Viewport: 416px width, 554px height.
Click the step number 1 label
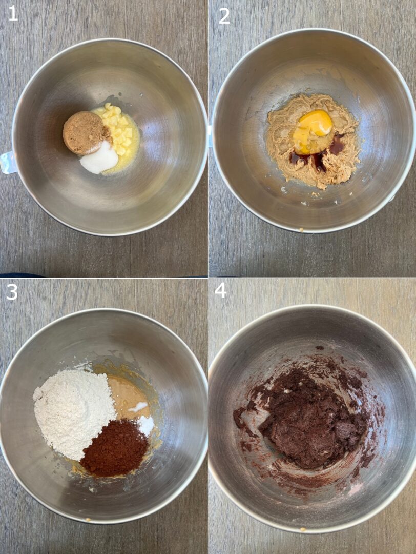13,13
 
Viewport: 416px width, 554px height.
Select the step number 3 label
12,292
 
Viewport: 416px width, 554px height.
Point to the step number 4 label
220,290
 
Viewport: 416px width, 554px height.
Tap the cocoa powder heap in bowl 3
114,449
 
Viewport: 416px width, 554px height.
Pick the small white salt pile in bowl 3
146,425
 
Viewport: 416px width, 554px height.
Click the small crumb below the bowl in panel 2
301,229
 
